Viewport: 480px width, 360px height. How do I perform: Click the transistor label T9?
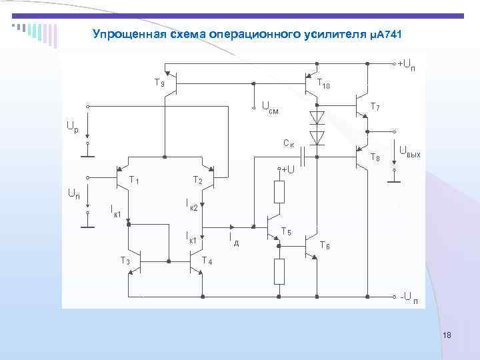(x=159, y=83)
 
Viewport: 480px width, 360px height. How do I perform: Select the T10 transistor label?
(x=323, y=84)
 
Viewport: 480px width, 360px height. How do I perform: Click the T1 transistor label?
(x=134, y=180)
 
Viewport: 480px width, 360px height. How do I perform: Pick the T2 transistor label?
(x=197, y=180)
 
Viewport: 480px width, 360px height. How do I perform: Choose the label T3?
(x=125, y=260)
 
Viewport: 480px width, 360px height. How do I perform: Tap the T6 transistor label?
(x=325, y=245)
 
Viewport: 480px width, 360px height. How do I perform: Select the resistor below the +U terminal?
(x=279, y=192)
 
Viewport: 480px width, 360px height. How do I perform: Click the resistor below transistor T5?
(x=279, y=271)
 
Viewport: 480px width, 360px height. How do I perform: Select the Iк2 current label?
(x=191, y=205)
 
